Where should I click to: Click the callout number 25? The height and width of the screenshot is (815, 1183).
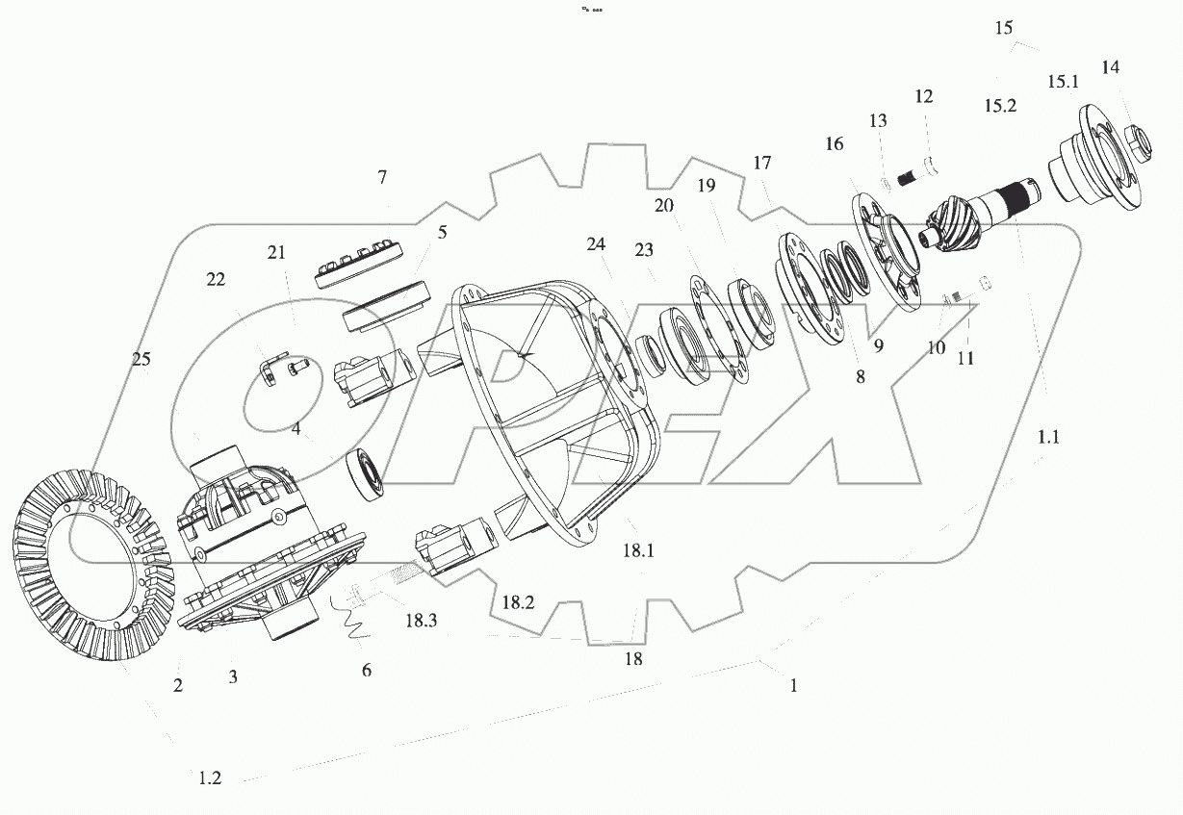[141, 360]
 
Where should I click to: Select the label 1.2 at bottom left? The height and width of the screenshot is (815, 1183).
[210, 778]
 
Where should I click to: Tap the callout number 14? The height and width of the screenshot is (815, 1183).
[1111, 67]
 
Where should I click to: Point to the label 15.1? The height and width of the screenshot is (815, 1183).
[1063, 83]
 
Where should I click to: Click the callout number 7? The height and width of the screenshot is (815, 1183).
[382, 177]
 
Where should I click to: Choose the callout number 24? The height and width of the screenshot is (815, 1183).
[597, 245]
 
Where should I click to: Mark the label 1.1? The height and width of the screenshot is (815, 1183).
[1048, 436]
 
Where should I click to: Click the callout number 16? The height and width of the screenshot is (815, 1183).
[834, 144]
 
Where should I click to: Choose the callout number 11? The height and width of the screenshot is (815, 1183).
[965, 358]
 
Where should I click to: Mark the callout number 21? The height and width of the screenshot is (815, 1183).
[277, 253]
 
